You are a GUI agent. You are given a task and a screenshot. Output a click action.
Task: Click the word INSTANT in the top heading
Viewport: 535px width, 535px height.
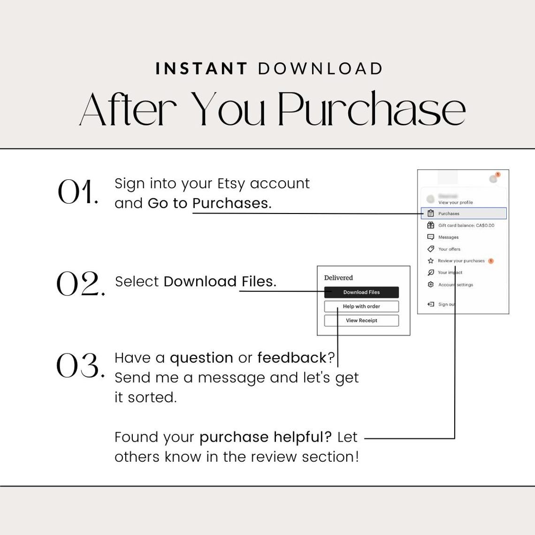click(201, 69)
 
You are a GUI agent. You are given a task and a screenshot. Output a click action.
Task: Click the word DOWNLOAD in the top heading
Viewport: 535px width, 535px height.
click(321, 69)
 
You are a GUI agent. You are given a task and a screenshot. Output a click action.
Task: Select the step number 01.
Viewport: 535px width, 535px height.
click(77, 192)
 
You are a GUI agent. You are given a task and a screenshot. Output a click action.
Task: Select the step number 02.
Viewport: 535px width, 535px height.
click(80, 284)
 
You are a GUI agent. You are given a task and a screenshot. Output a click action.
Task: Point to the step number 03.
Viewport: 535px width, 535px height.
click(80, 366)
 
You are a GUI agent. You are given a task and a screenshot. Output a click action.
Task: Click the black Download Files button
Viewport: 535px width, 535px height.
click(361, 292)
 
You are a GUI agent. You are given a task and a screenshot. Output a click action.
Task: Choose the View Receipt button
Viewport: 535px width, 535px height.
click(361, 321)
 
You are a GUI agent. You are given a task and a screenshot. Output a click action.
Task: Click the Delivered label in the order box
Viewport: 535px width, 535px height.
click(338, 278)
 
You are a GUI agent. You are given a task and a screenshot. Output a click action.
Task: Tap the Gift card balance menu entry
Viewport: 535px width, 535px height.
click(466, 225)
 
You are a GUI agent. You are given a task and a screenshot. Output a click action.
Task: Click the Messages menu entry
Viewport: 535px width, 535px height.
click(448, 237)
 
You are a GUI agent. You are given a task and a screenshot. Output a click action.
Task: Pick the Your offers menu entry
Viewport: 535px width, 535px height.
click(449, 249)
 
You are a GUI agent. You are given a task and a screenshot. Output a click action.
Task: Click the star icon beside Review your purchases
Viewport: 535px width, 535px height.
click(430, 261)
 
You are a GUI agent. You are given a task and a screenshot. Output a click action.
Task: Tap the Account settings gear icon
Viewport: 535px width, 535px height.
click(430, 285)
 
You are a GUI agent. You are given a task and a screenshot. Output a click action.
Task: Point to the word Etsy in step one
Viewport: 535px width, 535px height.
click(231, 183)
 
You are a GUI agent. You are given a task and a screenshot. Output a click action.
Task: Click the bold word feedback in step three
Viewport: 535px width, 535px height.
click(291, 358)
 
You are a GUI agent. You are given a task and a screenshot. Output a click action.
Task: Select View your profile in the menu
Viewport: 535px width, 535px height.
click(455, 202)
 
